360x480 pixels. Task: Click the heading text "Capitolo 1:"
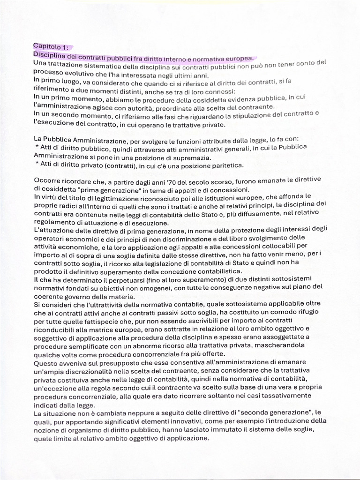click(x=50, y=47)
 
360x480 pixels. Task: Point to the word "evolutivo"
click(x=76, y=74)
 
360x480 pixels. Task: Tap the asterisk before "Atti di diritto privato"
click(x=37, y=165)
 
